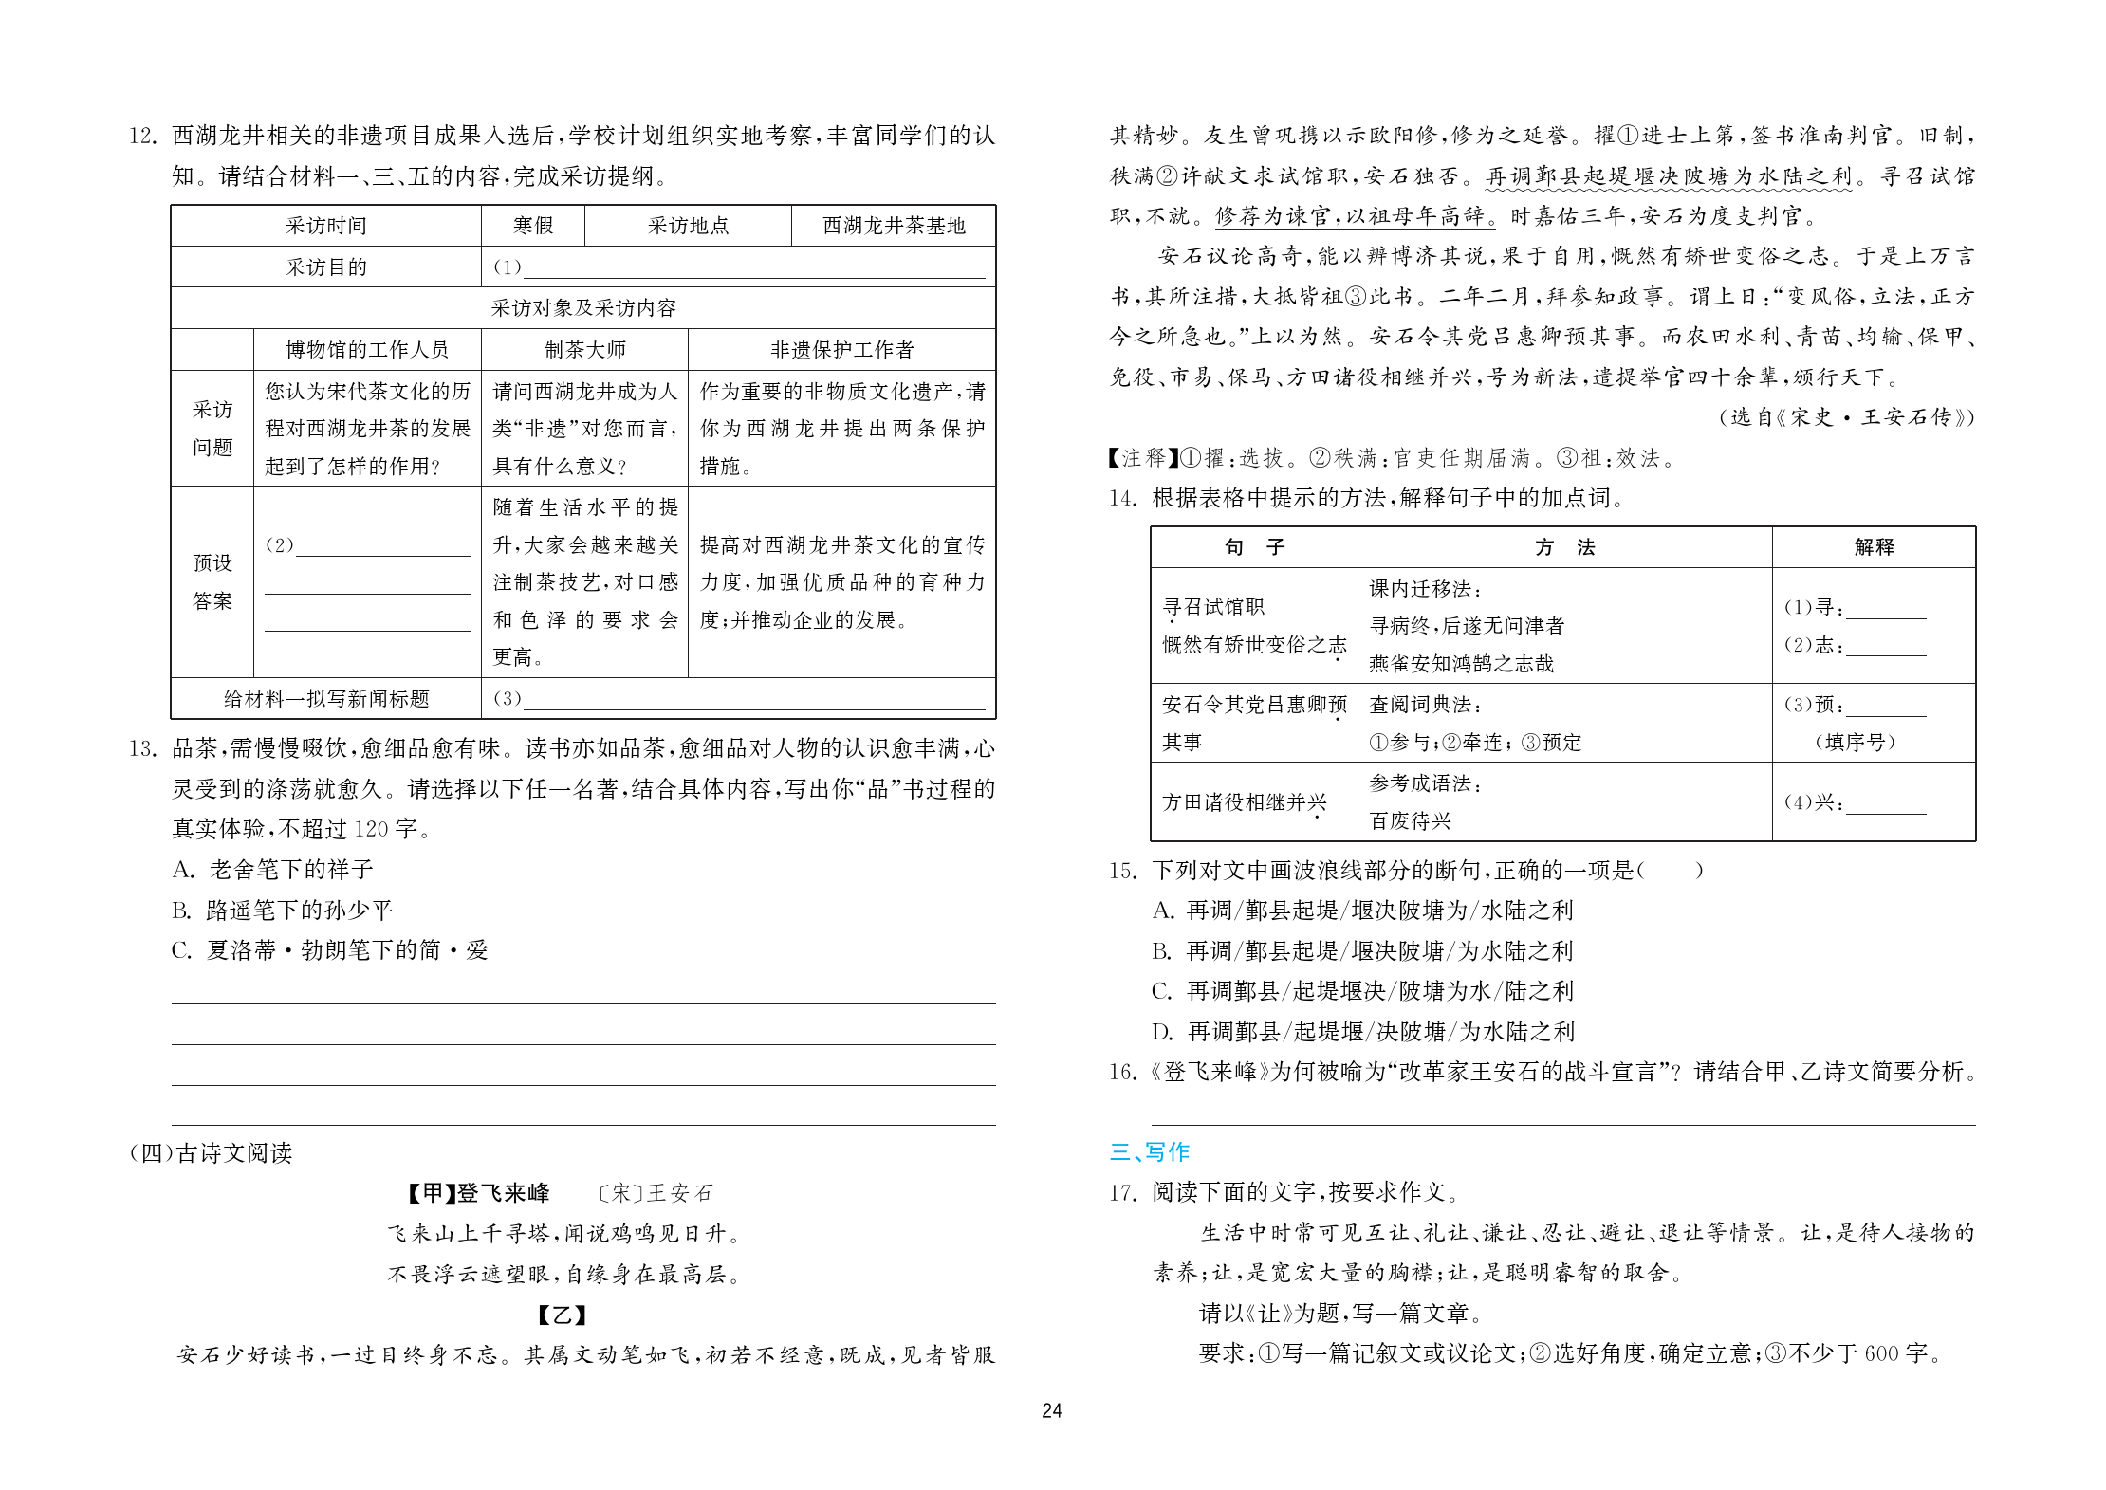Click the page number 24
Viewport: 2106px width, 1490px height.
click(x=1051, y=1410)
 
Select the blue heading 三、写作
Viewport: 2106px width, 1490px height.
click(x=1149, y=1151)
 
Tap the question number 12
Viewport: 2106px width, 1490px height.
click(x=142, y=136)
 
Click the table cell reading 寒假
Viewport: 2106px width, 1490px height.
click(x=532, y=226)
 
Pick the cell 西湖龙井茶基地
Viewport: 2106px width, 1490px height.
click(x=893, y=226)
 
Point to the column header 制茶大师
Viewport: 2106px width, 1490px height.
click(x=584, y=350)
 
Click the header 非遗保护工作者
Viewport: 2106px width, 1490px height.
click(x=841, y=350)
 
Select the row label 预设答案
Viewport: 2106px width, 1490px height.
click(x=212, y=581)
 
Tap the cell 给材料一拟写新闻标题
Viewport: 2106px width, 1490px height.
click(x=325, y=699)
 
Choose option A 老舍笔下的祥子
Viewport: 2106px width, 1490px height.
click(x=273, y=870)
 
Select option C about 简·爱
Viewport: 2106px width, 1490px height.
click(x=330, y=950)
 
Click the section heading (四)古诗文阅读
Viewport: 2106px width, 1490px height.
click(x=211, y=1153)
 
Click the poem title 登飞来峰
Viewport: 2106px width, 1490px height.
click(x=503, y=1193)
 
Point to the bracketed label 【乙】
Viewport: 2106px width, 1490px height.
click(x=562, y=1315)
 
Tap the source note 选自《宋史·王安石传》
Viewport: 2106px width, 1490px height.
click(x=1846, y=417)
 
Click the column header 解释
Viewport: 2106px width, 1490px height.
click(x=1873, y=547)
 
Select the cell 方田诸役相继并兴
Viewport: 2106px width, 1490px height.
click(x=1244, y=802)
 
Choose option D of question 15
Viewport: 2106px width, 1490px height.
click(x=1363, y=1031)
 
